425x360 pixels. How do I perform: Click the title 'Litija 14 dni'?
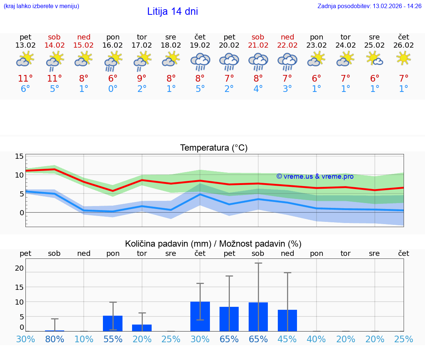[x=172, y=11]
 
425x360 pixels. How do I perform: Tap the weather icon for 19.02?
[x=200, y=62]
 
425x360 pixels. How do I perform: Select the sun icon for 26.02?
[x=403, y=58]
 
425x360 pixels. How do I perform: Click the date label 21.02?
[x=258, y=45]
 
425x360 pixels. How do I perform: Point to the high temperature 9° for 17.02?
[x=142, y=79]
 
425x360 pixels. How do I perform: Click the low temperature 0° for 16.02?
[x=113, y=89]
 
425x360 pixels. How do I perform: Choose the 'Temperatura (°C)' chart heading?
[x=214, y=148]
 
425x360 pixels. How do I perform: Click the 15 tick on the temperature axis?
[x=19, y=156]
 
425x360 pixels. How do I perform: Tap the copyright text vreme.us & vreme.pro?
[x=315, y=176]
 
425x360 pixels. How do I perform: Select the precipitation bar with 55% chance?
[x=113, y=323]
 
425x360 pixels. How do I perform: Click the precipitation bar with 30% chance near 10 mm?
[x=200, y=316]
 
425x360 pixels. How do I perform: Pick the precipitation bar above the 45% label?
[x=287, y=320]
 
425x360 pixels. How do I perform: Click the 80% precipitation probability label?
[x=54, y=339]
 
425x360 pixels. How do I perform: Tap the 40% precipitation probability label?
[x=316, y=339]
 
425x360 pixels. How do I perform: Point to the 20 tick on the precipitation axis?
[x=19, y=268]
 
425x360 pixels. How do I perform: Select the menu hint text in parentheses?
[x=41, y=6]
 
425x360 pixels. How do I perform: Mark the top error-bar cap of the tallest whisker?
[x=258, y=263]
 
